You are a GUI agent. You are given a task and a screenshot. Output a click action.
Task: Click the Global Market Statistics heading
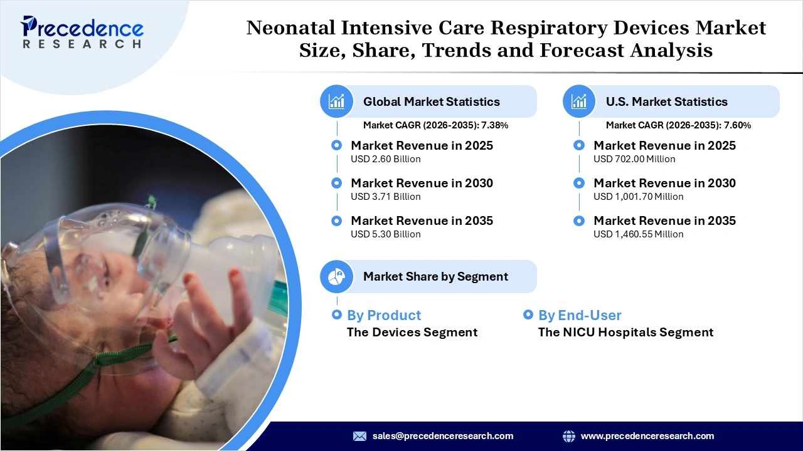(431, 101)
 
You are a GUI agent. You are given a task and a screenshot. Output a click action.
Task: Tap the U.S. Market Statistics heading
(666, 101)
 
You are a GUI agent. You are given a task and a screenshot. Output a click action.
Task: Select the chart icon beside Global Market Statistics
(337, 101)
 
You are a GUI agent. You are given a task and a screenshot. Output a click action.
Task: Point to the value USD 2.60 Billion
(385, 159)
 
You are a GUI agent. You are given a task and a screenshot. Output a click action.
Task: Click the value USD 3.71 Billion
(385, 197)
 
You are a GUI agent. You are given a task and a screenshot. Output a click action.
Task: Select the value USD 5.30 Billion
(385, 234)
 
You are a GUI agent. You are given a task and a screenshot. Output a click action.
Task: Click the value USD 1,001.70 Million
(638, 197)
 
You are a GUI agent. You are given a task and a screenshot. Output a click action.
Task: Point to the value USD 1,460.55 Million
(638, 234)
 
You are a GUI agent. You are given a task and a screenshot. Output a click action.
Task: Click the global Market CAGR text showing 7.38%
(435, 125)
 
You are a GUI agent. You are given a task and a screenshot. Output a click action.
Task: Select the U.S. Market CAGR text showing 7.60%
(678, 125)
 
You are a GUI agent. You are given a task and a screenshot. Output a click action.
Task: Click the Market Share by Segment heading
(435, 276)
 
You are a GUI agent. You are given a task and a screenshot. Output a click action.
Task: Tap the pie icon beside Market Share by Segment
(337, 276)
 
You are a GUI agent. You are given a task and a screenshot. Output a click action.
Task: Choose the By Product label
(383, 315)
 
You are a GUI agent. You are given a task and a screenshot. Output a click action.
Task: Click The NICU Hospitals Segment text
(625, 332)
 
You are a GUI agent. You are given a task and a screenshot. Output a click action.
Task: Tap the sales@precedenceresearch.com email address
(442, 436)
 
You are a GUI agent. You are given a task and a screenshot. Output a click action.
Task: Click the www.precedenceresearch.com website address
(647, 436)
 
